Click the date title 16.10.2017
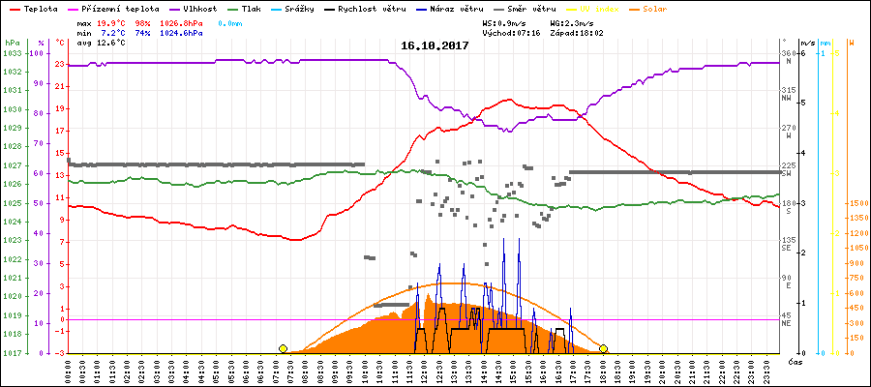(x=435, y=45)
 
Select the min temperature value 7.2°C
(x=114, y=32)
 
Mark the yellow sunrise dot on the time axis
(x=283, y=348)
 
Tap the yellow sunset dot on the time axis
(x=603, y=348)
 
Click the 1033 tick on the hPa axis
(x=12, y=53)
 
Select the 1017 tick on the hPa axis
(x=12, y=353)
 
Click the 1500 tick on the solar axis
(x=856, y=203)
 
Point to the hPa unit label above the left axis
(x=11, y=44)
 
